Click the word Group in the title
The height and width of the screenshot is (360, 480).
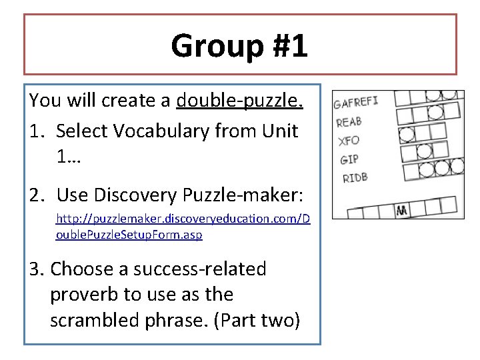(209, 47)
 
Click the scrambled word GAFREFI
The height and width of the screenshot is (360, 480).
(356, 103)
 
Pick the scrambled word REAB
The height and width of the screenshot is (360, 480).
(349, 122)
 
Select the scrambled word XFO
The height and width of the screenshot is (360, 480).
(349, 141)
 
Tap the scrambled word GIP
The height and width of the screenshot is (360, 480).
(349, 159)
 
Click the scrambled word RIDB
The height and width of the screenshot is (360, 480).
(355, 177)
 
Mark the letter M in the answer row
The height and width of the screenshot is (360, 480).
(402, 211)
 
